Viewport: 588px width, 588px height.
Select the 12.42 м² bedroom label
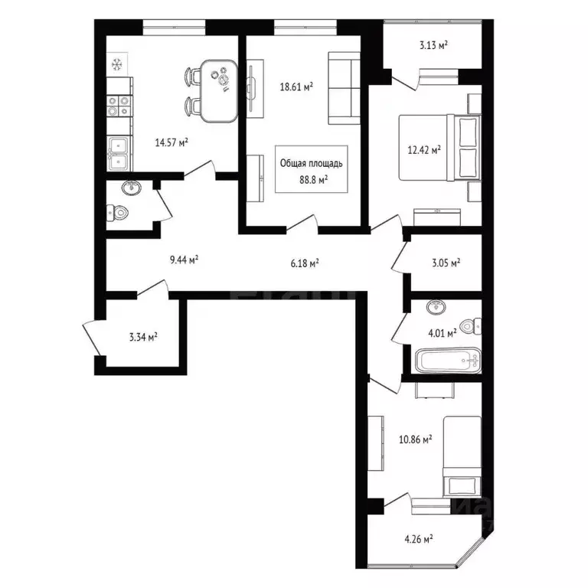424,151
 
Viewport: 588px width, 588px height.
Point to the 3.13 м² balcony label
433,44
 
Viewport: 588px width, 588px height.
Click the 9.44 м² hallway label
184,260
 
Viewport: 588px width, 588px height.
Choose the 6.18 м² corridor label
304,263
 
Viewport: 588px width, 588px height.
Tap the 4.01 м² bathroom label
443,332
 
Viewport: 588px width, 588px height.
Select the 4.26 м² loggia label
418,538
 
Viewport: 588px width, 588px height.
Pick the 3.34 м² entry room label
142,335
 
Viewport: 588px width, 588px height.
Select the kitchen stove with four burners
119,105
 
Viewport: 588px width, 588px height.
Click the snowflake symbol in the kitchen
116,64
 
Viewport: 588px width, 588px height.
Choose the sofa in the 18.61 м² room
344,88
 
